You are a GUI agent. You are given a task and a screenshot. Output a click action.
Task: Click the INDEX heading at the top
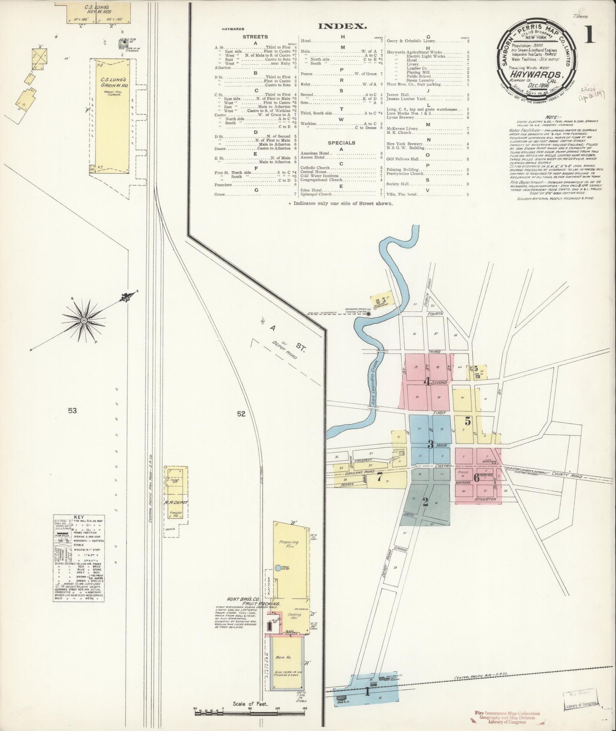pyautogui.click(x=342, y=26)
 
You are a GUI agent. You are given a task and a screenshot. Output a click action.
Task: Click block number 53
pyautogui.click(x=72, y=411)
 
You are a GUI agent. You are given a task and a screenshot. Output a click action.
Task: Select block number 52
pyautogui.click(x=241, y=413)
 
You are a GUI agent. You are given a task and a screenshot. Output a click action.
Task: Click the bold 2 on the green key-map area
pyautogui.click(x=425, y=502)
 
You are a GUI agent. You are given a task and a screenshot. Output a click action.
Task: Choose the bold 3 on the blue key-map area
pyautogui.click(x=431, y=444)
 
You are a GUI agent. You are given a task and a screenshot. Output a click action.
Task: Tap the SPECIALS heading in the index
pyautogui.click(x=342, y=142)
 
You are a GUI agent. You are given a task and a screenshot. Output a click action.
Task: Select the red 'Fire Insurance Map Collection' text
pyautogui.click(x=507, y=713)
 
